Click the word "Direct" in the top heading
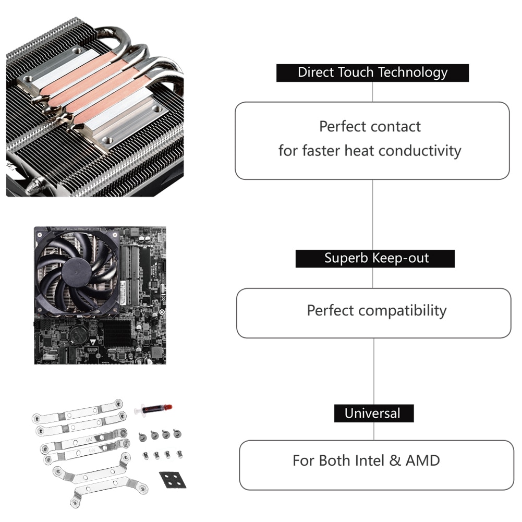pos(315,72)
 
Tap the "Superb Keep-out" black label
pos(375,259)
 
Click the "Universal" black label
pos(373,414)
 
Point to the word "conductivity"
pos(420,151)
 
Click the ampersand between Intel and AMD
pos(395,461)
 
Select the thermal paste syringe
pos(153,410)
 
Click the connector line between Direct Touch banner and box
pos(372,92)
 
